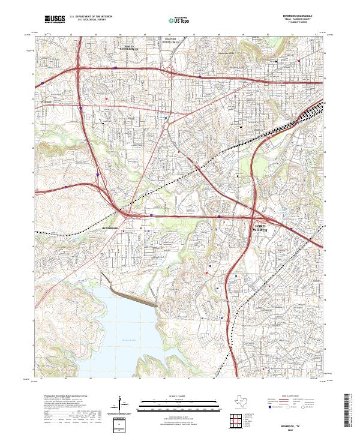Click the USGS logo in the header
[x=55, y=20]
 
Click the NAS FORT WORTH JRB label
[x=172, y=41]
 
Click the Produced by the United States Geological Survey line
[x=63, y=397]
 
